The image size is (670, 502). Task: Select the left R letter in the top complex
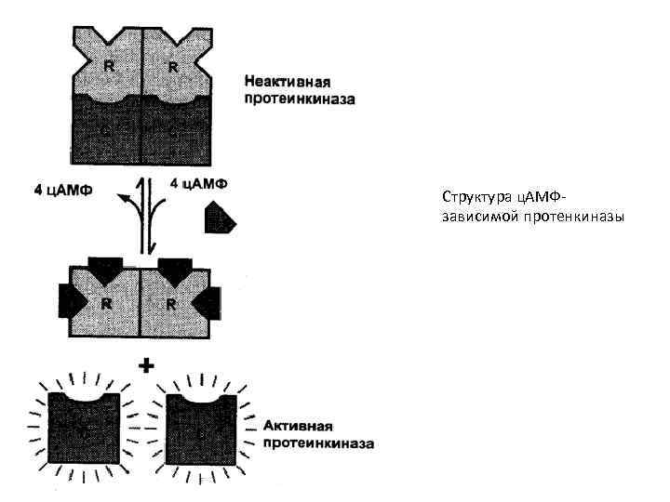(x=110, y=68)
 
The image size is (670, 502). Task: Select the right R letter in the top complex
(x=173, y=68)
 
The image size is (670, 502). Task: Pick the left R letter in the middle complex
(x=108, y=303)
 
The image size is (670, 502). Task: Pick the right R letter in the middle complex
(x=172, y=303)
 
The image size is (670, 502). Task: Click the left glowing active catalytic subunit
(x=84, y=428)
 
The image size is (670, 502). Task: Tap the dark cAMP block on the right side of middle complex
(x=211, y=300)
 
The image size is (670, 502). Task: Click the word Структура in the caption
(x=473, y=198)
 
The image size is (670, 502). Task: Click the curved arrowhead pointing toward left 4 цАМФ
(x=120, y=197)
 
